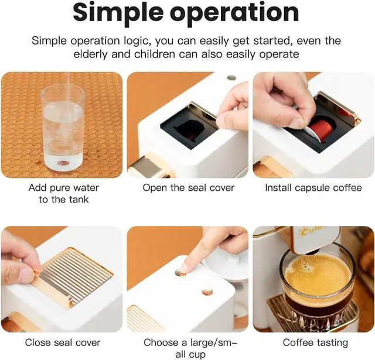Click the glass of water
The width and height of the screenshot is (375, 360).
click(x=63, y=127)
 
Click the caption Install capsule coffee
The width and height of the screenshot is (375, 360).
click(x=313, y=188)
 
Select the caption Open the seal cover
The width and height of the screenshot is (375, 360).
click(x=189, y=188)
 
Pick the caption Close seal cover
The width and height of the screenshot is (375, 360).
click(x=62, y=342)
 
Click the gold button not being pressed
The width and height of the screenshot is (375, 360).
click(x=207, y=292)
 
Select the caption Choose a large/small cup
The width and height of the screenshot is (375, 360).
click(x=188, y=348)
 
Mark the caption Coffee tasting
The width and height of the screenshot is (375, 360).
click(x=315, y=342)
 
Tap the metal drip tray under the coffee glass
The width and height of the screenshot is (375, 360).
click(x=275, y=310)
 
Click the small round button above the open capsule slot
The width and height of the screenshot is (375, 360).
click(x=231, y=77)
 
